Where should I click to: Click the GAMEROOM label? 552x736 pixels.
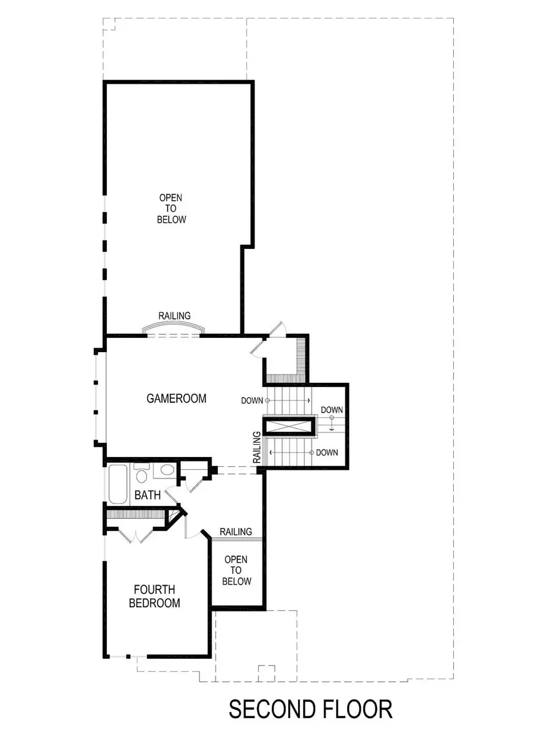(x=176, y=399)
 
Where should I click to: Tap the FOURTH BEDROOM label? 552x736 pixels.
(x=155, y=597)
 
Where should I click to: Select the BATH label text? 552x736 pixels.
(x=148, y=496)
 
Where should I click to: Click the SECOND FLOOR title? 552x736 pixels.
(x=310, y=709)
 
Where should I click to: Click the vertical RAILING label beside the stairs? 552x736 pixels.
(x=258, y=447)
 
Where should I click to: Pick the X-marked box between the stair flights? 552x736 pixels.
(x=289, y=426)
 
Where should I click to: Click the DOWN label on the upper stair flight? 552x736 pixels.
(x=252, y=401)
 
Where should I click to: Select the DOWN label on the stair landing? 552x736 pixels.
(x=332, y=410)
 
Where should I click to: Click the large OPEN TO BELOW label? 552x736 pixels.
(x=172, y=209)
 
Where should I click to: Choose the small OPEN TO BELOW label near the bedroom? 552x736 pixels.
(x=236, y=570)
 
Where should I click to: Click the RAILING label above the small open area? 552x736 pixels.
(x=236, y=532)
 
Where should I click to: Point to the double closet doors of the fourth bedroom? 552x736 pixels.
(x=136, y=535)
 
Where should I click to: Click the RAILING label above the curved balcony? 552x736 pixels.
(x=174, y=315)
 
